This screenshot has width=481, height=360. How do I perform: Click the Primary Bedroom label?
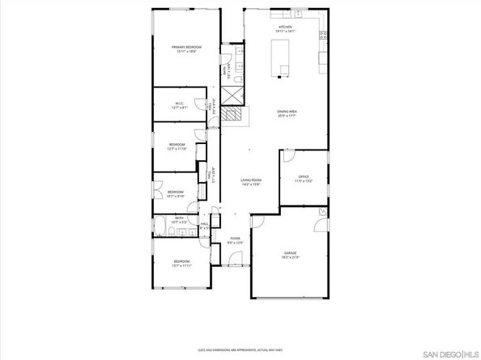click(x=185, y=48)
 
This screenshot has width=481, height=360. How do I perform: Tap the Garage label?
click(x=290, y=253)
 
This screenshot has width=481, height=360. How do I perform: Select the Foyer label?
click(x=236, y=239)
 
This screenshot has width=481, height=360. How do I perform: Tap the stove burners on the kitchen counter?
click(x=323, y=36)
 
